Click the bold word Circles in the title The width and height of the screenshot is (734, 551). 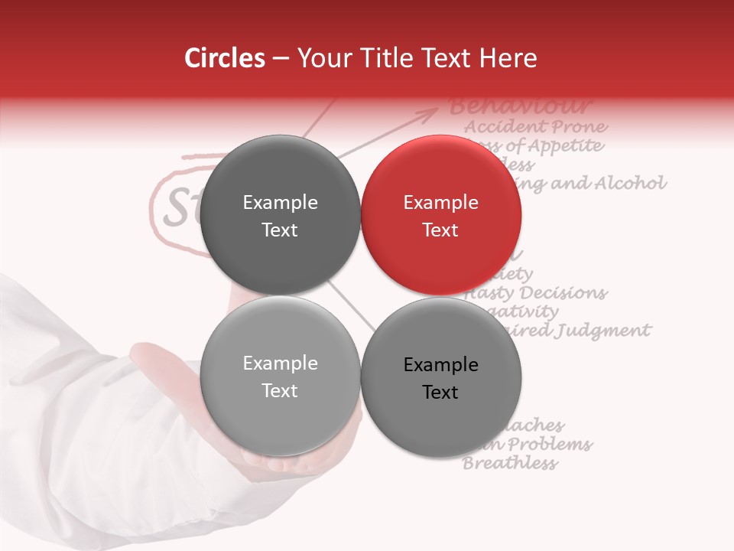pos(224,58)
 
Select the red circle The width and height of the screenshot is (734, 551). pos(440,216)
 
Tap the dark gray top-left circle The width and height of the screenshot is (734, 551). pos(280,216)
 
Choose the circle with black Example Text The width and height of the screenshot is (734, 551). pos(440,378)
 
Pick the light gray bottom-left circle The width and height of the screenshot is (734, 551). pos(280,377)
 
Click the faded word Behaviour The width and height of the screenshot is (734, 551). pos(521,106)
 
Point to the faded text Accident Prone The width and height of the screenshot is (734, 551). pos(536,127)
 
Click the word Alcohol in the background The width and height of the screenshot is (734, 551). pos(630,184)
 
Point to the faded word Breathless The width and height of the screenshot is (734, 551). pos(510,463)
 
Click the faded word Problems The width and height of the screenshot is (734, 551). pos(550,445)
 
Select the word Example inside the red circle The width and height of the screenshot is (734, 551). pos(440,203)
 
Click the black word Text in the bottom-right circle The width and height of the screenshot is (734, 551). pos(440,393)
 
